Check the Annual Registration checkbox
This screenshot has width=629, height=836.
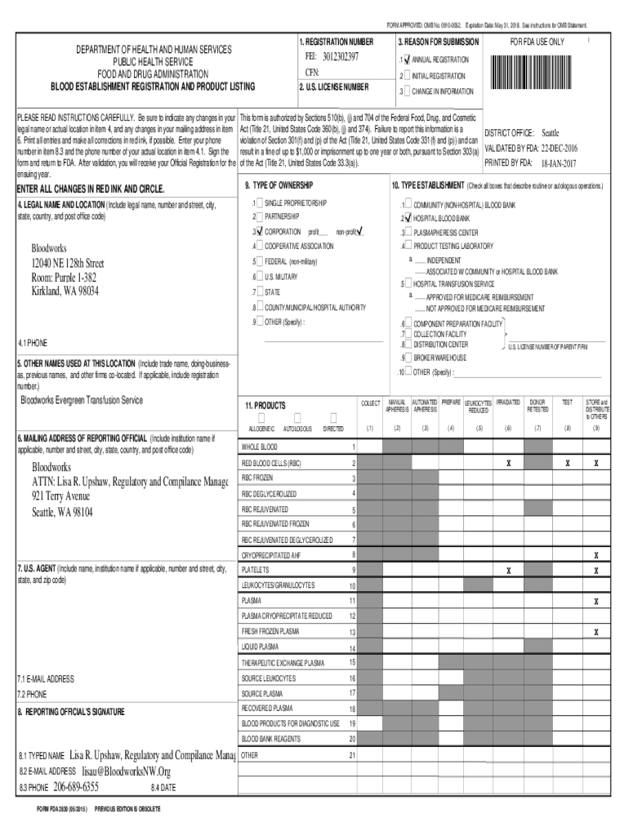click(x=407, y=60)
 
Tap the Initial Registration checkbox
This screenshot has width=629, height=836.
click(x=407, y=76)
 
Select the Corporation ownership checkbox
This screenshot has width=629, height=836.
click(x=259, y=232)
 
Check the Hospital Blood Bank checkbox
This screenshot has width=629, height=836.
click(x=407, y=219)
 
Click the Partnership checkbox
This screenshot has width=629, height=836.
click(x=259, y=216)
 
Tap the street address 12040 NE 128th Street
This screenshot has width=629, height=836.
click(x=68, y=263)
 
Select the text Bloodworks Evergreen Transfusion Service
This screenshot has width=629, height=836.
click(x=82, y=400)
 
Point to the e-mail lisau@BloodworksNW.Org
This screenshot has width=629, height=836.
click(x=126, y=771)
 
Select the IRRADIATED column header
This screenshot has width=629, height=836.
click(x=507, y=403)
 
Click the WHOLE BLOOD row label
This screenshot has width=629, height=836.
click(x=259, y=447)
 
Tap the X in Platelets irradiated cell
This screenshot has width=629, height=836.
click(x=508, y=570)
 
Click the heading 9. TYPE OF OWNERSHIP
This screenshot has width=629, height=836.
click(x=279, y=186)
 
